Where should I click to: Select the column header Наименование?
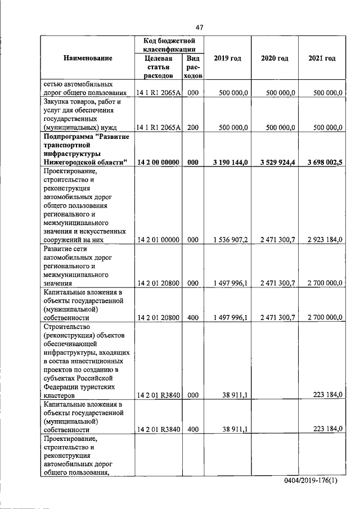[88, 58]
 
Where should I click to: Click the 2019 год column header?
[228, 58]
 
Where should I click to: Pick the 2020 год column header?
[274, 58]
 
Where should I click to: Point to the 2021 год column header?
[322, 58]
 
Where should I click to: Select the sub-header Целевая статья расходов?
[158, 67]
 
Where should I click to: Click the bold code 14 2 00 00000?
[158, 162]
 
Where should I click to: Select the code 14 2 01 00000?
[158, 240]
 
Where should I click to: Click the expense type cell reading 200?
[193, 128]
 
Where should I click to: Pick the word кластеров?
[61, 395]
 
